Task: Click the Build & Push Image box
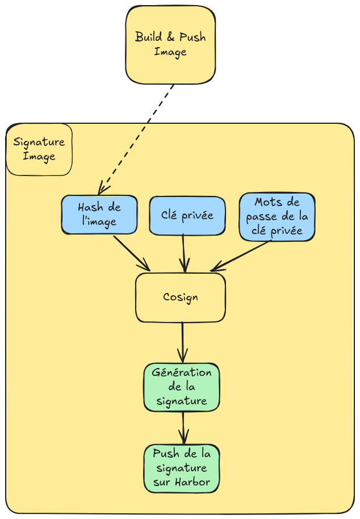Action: click(170, 45)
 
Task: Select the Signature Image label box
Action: click(39, 149)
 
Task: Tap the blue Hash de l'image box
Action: click(99, 215)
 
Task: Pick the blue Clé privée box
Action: click(187, 215)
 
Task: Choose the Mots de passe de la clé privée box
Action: click(277, 217)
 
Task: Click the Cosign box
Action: click(180, 298)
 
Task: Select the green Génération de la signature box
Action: click(181, 387)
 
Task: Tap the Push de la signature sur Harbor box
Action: click(181, 468)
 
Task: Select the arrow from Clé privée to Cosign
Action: click(184, 253)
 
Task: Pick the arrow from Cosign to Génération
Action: click(182, 342)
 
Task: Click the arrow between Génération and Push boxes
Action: click(183, 428)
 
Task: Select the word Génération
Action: click(182, 373)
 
